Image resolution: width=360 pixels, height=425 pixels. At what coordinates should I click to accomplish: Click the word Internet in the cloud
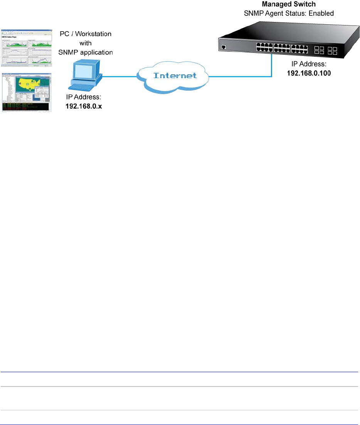coord(175,75)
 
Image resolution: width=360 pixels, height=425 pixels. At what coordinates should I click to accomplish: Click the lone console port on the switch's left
coord(223,47)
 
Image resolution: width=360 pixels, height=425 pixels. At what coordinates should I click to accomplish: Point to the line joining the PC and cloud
coord(119,76)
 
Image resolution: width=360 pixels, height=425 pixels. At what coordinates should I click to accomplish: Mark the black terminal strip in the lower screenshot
coord(26,107)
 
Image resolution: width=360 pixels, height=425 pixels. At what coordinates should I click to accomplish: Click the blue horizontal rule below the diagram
coord(180,372)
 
